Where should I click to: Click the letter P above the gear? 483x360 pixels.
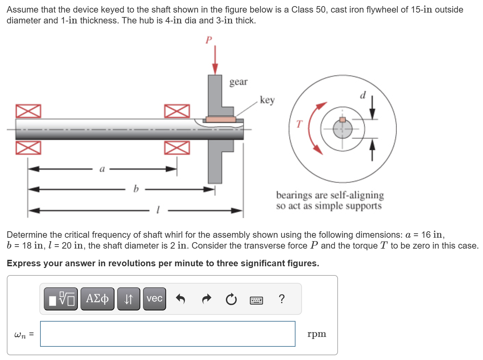click(x=209, y=40)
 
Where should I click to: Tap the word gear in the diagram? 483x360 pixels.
click(x=238, y=82)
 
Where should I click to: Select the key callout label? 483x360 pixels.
click(x=267, y=100)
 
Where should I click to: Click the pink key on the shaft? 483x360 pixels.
click(x=221, y=119)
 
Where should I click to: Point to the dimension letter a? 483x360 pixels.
click(x=102, y=169)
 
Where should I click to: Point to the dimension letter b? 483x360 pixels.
click(x=136, y=188)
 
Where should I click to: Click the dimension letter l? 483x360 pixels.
click(x=158, y=210)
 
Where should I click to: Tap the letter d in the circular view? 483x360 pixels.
click(x=363, y=95)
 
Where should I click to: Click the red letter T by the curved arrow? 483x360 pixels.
click(x=299, y=124)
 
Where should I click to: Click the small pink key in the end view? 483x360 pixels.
click(x=343, y=120)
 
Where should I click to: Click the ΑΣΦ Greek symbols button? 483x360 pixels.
click(x=97, y=299)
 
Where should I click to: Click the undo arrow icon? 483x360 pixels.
click(x=180, y=299)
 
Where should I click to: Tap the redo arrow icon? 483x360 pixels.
click(x=206, y=299)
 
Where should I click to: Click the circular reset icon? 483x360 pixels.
click(x=231, y=299)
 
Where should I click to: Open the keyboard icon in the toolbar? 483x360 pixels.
click(x=256, y=300)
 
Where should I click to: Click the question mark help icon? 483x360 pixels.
click(x=281, y=299)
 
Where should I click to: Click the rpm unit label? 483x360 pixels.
click(x=317, y=334)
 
